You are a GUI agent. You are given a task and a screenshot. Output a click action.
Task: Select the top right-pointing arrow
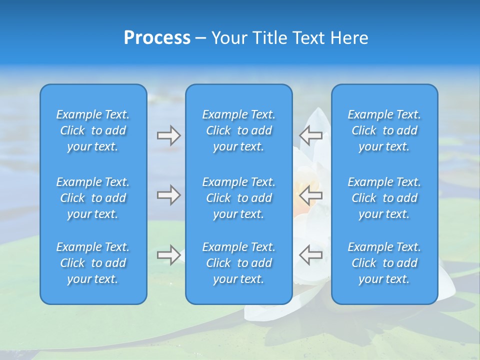tap(168, 135)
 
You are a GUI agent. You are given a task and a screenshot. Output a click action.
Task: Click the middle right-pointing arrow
tap(168, 195)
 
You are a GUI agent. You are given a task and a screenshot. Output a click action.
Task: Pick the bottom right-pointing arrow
tap(168, 254)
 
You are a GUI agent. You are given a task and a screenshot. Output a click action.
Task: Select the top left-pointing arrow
tap(311, 135)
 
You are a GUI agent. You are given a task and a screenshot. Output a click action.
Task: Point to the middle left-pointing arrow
tap(311, 195)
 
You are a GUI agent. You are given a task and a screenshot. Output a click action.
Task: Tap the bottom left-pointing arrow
tap(311, 254)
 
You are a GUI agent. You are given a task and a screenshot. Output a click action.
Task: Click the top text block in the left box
tap(93, 130)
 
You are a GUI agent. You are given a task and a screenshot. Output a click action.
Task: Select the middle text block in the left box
tap(93, 198)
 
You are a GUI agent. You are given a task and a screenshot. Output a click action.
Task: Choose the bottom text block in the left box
tap(93, 263)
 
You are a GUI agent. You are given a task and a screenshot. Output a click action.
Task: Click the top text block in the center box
tap(239, 130)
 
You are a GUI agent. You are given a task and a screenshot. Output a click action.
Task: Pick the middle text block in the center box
tap(239, 198)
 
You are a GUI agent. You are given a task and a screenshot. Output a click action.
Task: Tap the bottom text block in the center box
tap(239, 263)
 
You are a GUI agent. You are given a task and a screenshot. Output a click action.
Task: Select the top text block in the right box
tap(384, 130)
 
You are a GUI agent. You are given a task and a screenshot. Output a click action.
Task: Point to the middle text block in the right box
tap(384, 198)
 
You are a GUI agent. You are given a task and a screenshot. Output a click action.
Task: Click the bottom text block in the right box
tap(384, 263)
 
